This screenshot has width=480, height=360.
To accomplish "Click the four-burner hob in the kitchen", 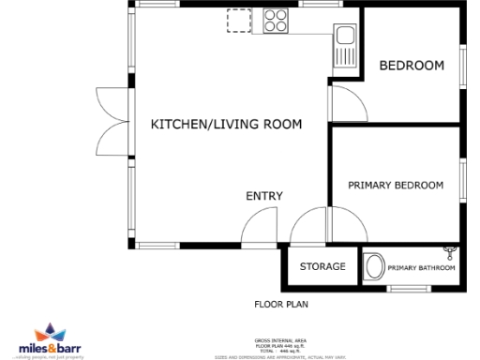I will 277,20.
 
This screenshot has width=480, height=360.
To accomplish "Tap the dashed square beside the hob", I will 239,21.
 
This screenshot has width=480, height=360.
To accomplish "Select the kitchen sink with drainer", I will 343,47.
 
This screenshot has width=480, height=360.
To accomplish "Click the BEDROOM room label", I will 411,66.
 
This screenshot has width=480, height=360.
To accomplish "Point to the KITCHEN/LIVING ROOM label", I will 226,124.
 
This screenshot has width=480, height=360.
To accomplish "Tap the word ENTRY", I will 264,196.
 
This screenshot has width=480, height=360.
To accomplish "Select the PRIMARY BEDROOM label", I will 396,186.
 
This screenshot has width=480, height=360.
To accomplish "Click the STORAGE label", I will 322,267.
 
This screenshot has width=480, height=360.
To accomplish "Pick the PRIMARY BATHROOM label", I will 421,268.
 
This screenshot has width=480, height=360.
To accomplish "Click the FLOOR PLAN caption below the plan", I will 281,304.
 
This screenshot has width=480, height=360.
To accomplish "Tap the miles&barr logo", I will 56,341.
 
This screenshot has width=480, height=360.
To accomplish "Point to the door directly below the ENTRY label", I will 260,228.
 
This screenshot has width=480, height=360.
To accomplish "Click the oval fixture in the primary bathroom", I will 373,266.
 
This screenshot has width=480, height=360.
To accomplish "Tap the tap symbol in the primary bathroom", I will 452,250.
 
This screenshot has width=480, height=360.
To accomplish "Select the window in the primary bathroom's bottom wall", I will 410,289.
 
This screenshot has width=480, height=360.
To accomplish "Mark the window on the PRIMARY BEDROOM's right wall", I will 462,180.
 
